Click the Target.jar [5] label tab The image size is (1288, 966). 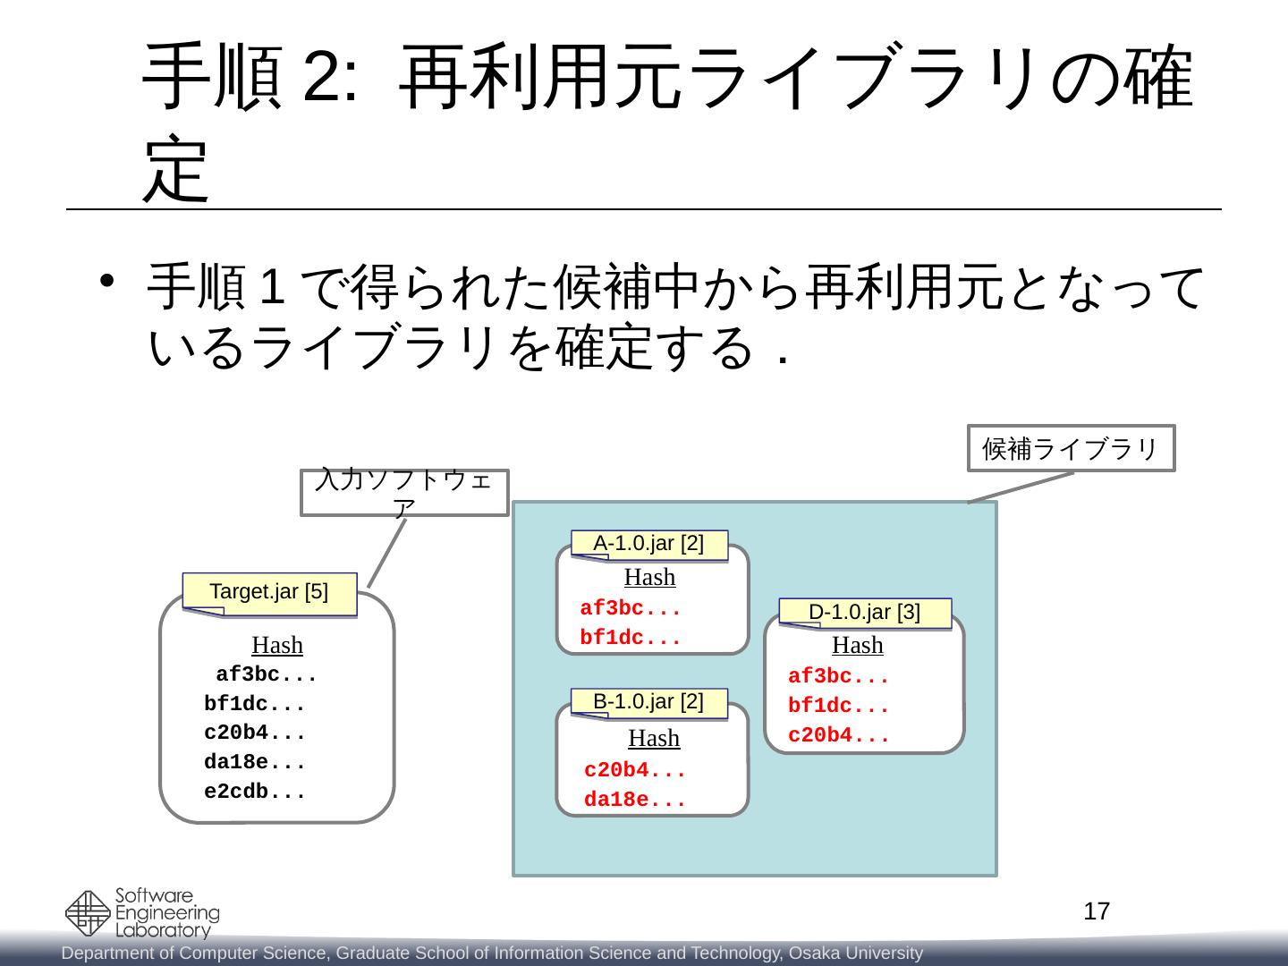269,592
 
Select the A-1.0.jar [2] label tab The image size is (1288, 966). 649,544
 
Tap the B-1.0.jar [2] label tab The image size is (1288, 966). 649,702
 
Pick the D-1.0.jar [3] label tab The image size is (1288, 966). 864,613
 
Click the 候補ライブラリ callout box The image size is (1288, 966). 1072,448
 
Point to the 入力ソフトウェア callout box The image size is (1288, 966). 405,493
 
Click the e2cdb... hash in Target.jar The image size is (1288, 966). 255,792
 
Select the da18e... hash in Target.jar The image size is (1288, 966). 255,763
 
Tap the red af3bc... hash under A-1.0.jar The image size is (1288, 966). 631,610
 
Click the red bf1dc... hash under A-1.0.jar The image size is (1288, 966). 631,640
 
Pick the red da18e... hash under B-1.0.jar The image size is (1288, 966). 634,801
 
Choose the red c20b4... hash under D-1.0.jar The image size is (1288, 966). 838,737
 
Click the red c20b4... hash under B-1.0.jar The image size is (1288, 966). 634,771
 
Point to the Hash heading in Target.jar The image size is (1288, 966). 277,645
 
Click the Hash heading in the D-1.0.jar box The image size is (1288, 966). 858,645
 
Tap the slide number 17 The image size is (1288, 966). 1097,912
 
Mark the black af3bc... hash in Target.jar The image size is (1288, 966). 267,675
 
